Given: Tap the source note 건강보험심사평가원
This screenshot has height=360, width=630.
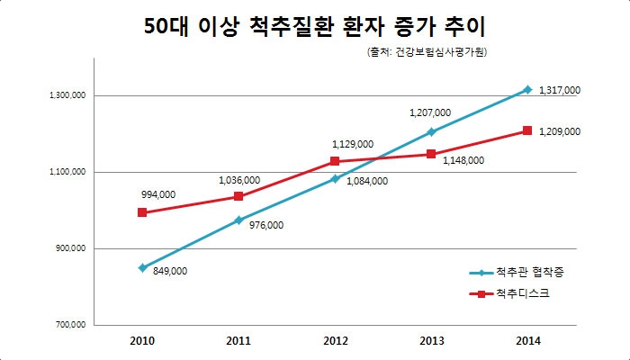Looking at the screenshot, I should click(427, 54).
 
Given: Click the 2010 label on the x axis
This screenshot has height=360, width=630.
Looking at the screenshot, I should click(142, 342).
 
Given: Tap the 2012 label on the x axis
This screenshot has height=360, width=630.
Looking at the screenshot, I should click(335, 342).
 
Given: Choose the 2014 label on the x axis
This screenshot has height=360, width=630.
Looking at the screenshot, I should click(527, 342).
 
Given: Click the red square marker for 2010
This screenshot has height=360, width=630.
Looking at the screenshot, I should click(142, 212).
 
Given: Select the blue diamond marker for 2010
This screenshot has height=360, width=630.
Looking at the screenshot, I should click(142, 267).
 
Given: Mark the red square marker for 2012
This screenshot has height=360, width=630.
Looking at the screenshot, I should click(335, 161).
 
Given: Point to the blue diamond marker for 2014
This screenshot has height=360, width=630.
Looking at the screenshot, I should click(527, 89).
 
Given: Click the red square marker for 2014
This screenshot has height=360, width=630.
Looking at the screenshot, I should click(527, 130).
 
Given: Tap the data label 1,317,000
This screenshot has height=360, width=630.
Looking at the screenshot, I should click(559, 90).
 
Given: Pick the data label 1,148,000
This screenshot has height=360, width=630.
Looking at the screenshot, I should click(463, 160).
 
